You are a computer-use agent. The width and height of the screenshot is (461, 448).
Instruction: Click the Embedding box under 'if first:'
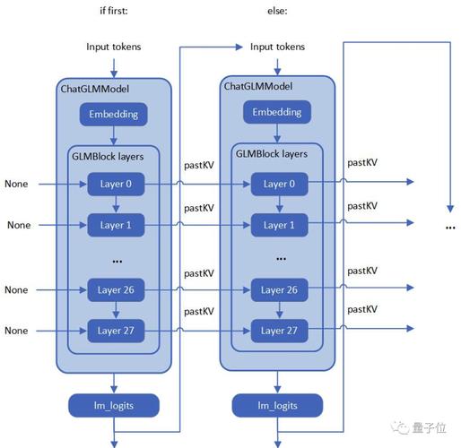(x=113, y=114)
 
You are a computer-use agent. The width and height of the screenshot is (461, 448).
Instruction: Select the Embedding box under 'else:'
(x=276, y=112)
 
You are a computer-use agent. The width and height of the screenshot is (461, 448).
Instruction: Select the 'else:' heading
(x=274, y=12)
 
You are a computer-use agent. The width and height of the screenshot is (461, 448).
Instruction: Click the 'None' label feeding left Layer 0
(x=16, y=184)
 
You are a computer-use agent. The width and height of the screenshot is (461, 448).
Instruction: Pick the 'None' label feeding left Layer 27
(x=16, y=331)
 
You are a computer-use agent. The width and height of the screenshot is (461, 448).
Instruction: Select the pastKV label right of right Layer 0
(x=362, y=162)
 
